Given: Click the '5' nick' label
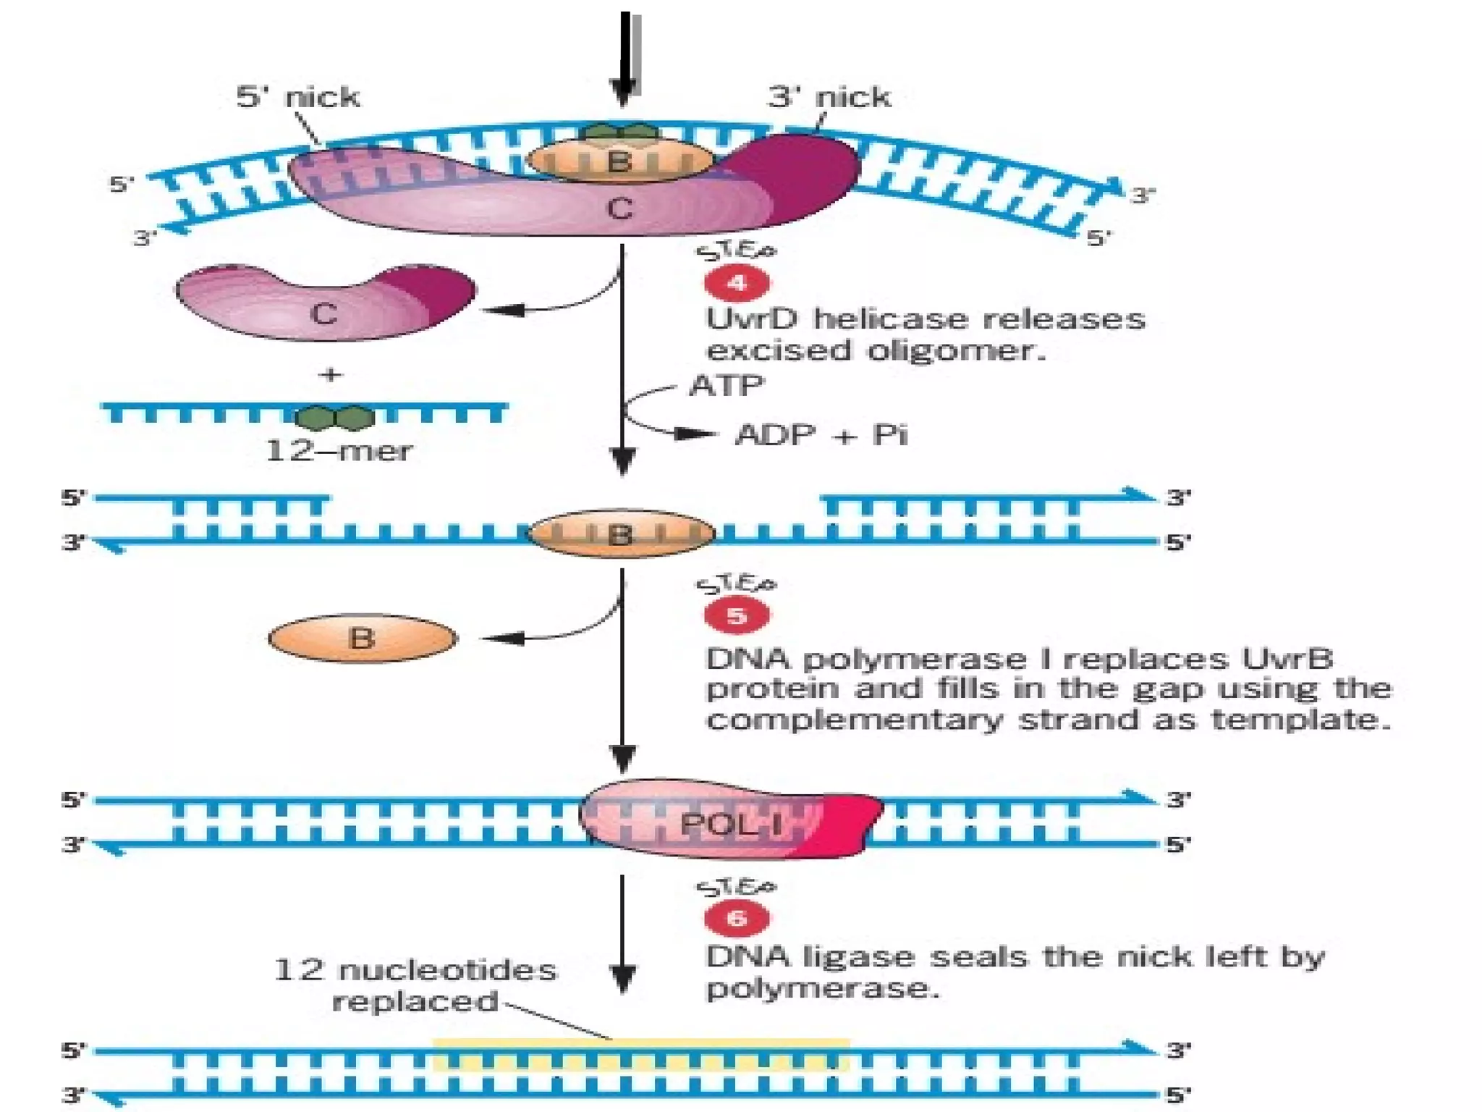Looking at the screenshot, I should pos(297,97).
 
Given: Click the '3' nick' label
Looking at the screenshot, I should pos(829,97).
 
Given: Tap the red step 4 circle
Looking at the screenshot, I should pos(737,283).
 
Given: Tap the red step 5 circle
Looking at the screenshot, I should pos(737,615).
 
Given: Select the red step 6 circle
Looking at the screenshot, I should pos(737,918).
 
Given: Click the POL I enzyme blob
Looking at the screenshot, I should pos(731,822).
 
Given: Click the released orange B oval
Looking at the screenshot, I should pos(362,639).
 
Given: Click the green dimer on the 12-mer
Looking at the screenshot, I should pos(335,418).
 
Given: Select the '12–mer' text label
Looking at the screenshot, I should pos(339,451).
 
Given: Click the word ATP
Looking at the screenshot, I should pos(726,385).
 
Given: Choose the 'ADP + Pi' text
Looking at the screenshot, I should pos(821,434).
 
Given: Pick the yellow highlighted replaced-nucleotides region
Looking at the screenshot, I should pos(640,1055).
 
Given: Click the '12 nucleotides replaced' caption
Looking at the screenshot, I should pos(415,985).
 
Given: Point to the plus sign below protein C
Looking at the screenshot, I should pos(330,374).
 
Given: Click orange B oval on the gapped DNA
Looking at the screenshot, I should pos(621,534).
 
